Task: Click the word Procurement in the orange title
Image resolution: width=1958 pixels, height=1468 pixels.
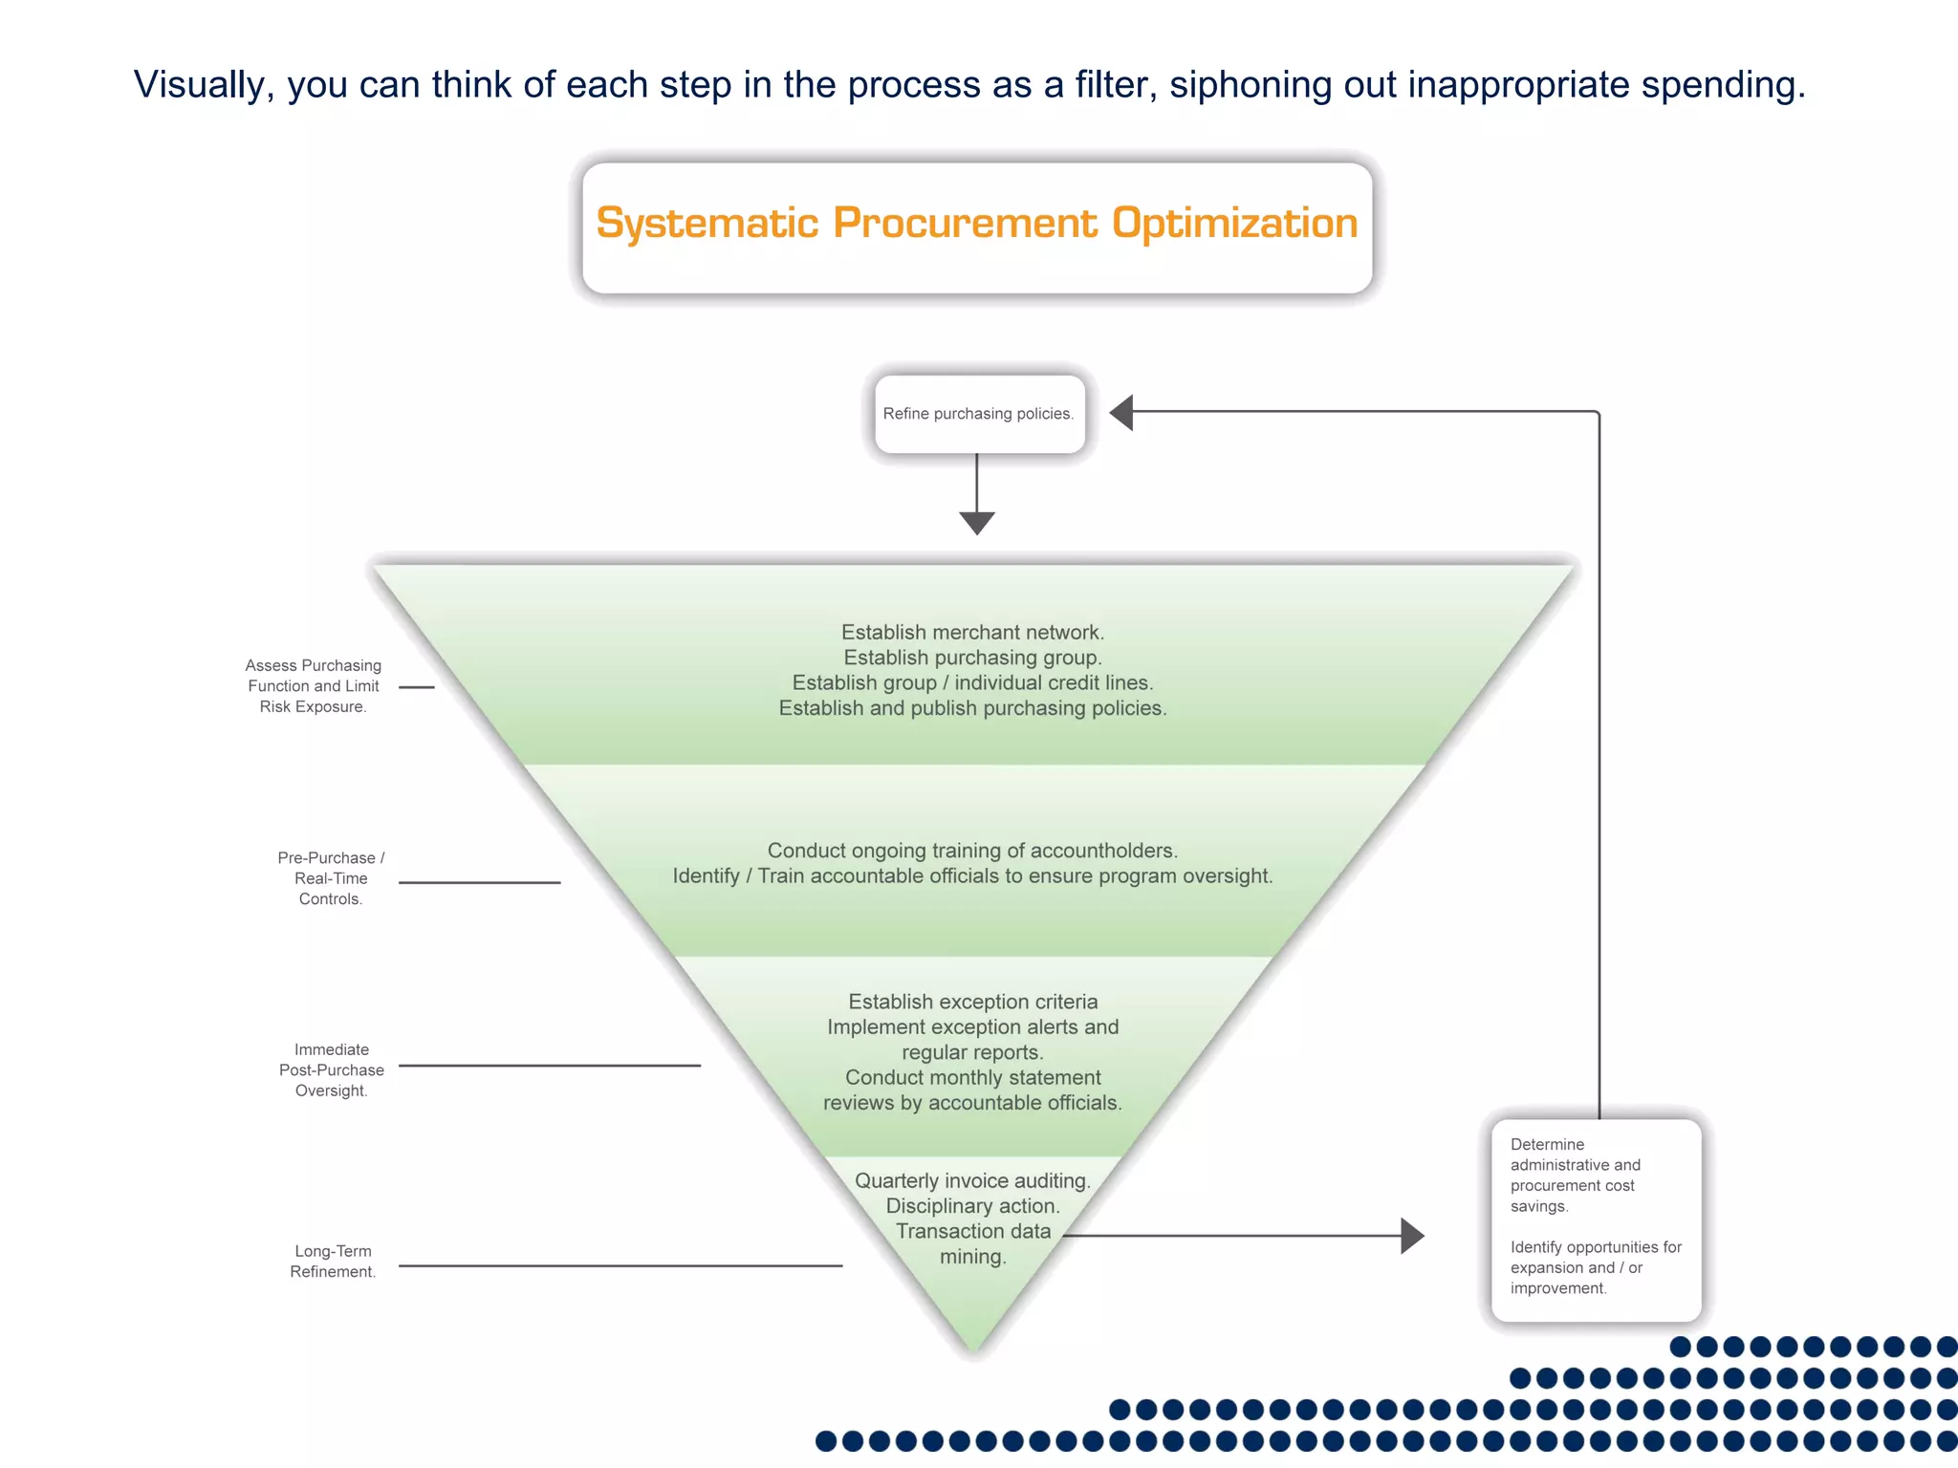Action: tap(966, 223)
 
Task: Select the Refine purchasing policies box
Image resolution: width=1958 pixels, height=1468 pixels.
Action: tap(979, 414)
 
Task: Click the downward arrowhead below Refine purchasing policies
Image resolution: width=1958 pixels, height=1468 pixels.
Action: tap(977, 522)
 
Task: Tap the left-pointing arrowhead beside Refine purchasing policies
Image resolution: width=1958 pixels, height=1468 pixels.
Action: tap(1122, 412)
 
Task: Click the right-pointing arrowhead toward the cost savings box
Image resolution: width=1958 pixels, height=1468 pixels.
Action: tap(1412, 1235)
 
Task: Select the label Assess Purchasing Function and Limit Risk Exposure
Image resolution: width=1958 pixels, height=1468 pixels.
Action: tap(314, 686)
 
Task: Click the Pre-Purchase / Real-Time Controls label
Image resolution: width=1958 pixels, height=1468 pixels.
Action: tap(331, 878)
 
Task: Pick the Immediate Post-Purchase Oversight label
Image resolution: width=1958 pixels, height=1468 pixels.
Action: tap(331, 1069)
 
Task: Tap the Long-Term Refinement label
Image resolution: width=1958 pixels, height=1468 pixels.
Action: tap(333, 1261)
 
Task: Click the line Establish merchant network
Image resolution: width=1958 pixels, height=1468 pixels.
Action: tap(972, 632)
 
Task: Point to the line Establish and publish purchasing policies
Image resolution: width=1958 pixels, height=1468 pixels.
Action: tap(972, 708)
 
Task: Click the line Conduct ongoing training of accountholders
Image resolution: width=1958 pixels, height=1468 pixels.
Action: tap(972, 850)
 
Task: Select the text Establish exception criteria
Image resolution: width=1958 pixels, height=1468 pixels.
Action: tap(972, 1001)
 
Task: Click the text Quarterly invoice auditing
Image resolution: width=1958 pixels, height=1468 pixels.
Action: tap(972, 1180)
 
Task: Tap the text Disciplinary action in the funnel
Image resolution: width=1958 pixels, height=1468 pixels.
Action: tap(972, 1206)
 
